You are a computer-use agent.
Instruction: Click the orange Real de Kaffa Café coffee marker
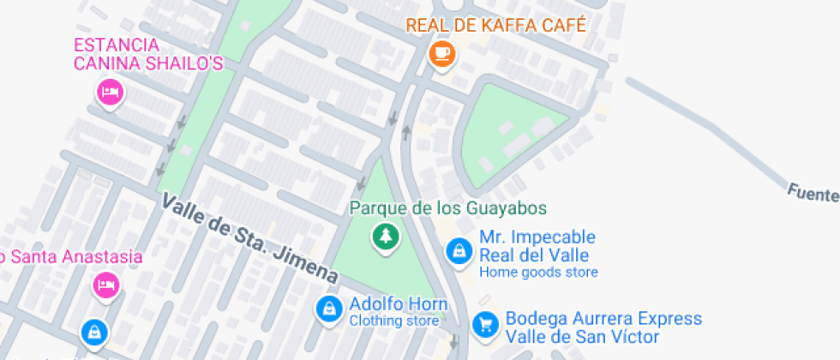coord(441,53)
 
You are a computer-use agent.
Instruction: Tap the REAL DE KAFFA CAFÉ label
coord(495,25)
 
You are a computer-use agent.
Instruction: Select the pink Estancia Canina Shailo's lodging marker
coord(109,91)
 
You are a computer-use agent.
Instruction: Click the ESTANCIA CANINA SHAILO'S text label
coord(148,54)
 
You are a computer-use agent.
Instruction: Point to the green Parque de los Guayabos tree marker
coord(385,236)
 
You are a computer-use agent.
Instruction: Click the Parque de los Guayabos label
coord(447,208)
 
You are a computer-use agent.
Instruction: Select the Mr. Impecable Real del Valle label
coord(537,246)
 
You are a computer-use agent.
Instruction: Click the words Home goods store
coord(538,273)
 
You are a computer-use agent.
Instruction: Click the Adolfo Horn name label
coord(398,304)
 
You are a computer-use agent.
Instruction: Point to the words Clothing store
coord(393,321)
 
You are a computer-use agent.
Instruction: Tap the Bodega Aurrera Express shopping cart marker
coord(484,324)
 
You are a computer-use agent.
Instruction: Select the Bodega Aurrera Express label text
coord(603,319)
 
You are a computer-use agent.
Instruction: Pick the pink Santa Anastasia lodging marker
coord(105,285)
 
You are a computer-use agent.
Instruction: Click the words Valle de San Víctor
coord(581,337)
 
